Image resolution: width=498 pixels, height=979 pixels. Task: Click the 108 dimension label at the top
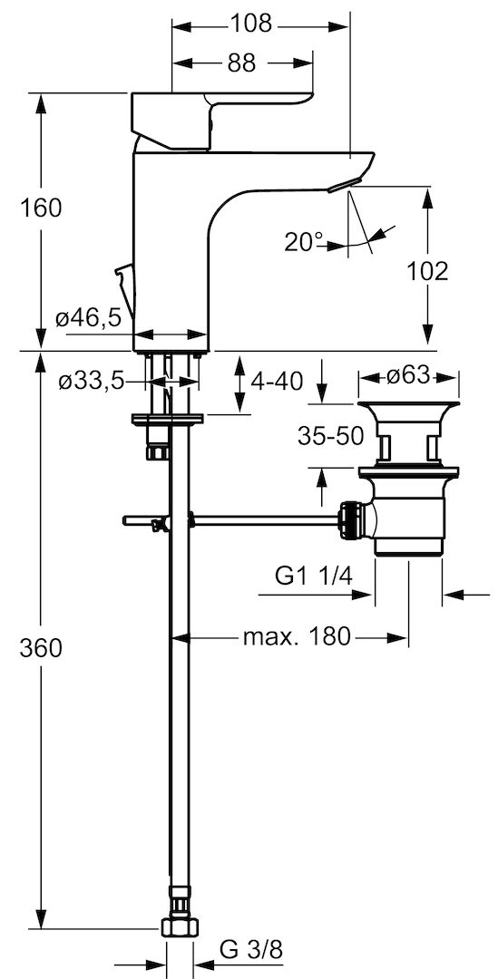point(252,24)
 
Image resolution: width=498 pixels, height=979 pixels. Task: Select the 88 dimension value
point(241,63)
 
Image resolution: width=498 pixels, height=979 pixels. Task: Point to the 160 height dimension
point(41,208)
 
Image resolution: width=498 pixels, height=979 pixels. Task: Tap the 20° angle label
point(305,242)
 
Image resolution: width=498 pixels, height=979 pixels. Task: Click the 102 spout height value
point(428,271)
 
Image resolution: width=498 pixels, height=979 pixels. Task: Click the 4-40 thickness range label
point(278,380)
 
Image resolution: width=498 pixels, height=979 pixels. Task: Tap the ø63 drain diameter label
point(408,375)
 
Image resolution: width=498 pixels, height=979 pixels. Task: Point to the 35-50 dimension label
point(330,436)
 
